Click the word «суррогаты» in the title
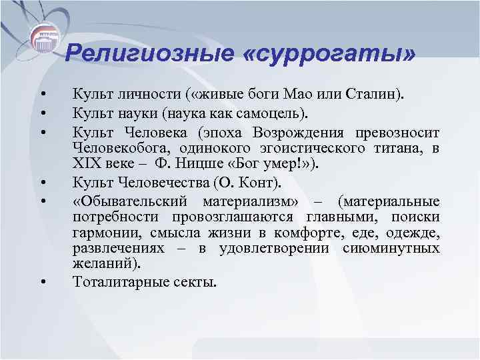[x=329, y=52]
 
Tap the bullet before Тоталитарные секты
[x=42, y=283]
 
